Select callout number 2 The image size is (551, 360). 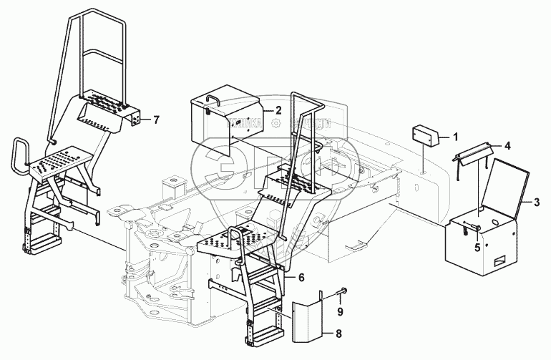point(278,112)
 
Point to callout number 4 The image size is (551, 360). point(507,146)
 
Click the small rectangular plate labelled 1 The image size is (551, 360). point(424,135)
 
